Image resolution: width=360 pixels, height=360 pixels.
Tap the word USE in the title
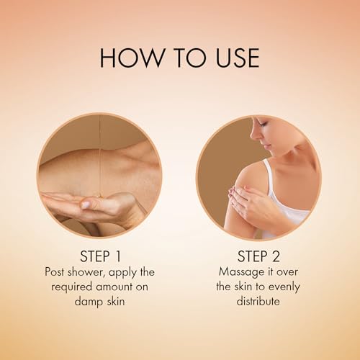[237, 58]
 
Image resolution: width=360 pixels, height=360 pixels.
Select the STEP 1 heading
[101, 256]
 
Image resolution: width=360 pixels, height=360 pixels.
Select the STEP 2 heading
[258, 256]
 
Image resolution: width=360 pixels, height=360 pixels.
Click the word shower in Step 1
[87, 272]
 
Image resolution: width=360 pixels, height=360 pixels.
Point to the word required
[71, 287]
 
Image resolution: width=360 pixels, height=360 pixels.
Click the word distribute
[258, 301]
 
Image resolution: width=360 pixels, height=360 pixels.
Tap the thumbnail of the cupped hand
[99, 175]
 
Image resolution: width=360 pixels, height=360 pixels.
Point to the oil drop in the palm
[99, 197]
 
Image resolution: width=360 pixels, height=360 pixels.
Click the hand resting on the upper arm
[250, 200]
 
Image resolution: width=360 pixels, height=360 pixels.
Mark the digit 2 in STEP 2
[276, 256]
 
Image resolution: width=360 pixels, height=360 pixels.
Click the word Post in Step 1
[55, 272]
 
